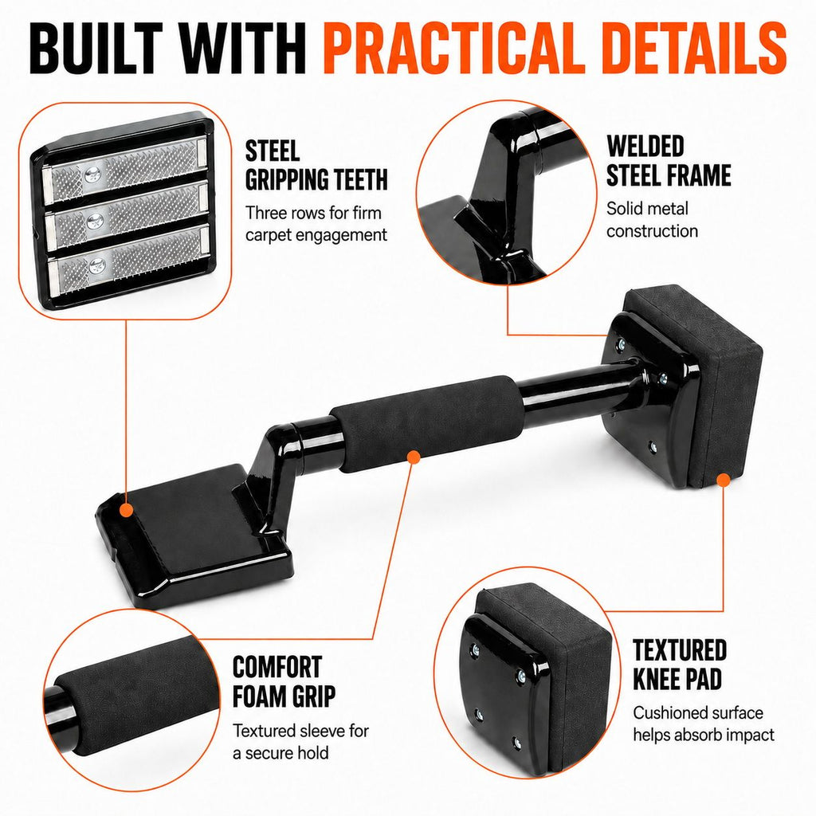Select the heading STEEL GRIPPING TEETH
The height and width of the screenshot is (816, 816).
pos(316,166)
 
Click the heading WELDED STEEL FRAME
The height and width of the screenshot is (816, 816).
pos(669,161)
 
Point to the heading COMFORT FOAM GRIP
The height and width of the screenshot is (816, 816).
pos(284,682)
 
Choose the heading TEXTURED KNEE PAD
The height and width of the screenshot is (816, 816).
pos(680,665)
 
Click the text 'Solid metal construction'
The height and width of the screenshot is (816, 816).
pos(652,220)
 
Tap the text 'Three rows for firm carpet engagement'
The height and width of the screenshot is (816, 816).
pos(316,224)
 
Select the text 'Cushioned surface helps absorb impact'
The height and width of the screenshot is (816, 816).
pos(704,724)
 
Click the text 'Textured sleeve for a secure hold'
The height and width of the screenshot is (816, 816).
pos(300,742)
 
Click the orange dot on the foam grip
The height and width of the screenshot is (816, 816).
pos(414,457)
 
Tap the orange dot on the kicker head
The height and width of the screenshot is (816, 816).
pos(124,510)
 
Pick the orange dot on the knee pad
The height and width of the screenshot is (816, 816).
pos(724,480)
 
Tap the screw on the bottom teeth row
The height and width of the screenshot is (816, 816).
pos(96,266)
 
